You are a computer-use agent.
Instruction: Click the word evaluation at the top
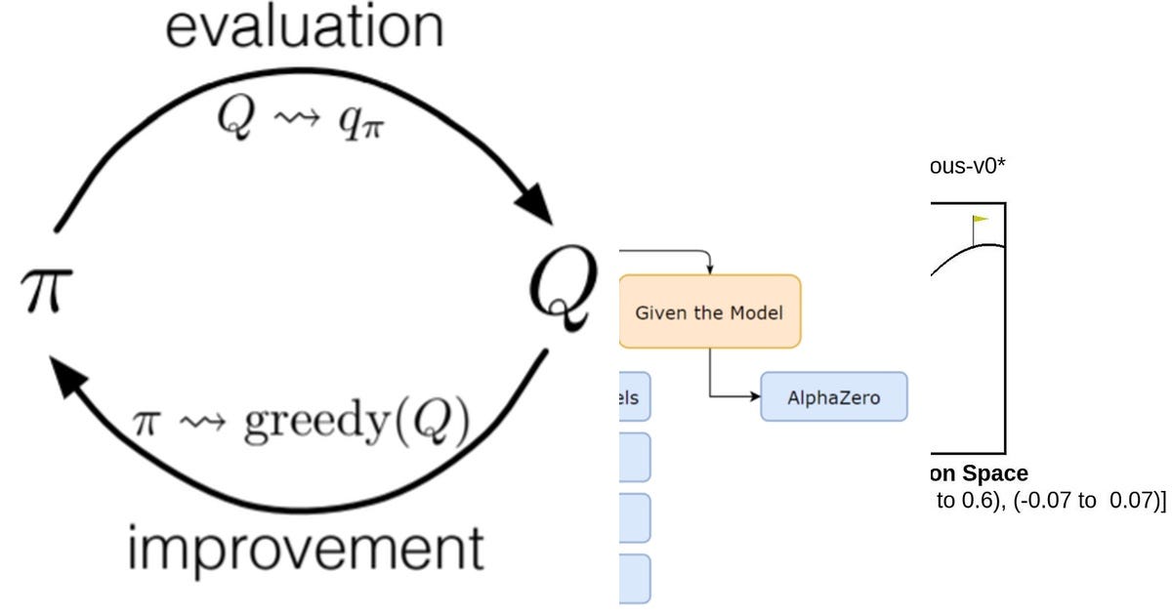pos(304,27)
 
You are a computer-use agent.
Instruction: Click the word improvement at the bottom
pos(305,550)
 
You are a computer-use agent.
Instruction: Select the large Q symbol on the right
pos(561,290)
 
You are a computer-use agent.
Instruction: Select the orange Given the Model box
pos(710,312)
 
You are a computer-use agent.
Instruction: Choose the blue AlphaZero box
pos(833,397)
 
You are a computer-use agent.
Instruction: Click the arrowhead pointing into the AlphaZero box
pos(755,397)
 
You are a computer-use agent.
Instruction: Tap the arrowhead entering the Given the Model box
pos(710,269)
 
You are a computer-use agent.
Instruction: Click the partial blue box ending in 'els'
pos(634,397)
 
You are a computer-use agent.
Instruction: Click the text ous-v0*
pos(968,166)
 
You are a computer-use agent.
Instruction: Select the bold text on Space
pos(978,473)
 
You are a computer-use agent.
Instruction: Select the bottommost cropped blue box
pos(634,579)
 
